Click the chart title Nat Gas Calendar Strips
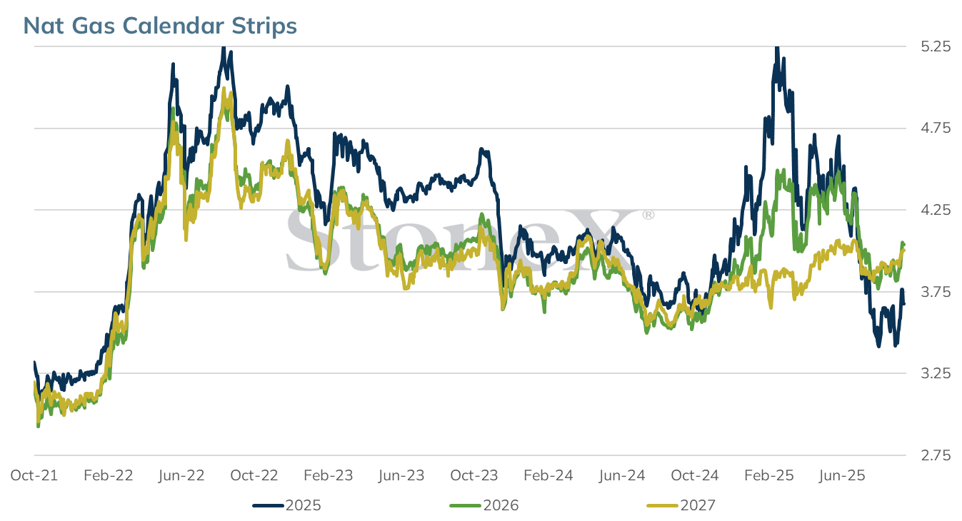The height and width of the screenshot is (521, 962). pyautogui.click(x=160, y=26)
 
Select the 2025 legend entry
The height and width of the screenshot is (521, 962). pyautogui.click(x=287, y=505)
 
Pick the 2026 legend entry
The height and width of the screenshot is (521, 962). pyautogui.click(x=484, y=505)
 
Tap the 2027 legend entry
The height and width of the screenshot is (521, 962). pyautogui.click(x=681, y=505)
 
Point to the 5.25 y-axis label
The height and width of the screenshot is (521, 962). pyautogui.click(x=936, y=46)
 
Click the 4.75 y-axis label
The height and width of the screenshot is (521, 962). pyautogui.click(x=936, y=128)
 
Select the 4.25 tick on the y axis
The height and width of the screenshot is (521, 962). pyautogui.click(x=936, y=210)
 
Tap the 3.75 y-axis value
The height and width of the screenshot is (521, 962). pyautogui.click(x=936, y=292)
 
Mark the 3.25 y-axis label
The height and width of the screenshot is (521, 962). pyautogui.click(x=936, y=373)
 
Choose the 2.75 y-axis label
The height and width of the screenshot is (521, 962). pyautogui.click(x=936, y=455)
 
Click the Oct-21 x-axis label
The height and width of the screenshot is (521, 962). pyautogui.click(x=34, y=475)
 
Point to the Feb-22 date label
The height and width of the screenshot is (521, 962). pyautogui.click(x=109, y=475)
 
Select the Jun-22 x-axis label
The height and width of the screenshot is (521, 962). pyautogui.click(x=181, y=475)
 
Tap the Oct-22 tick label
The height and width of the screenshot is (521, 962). pyautogui.click(x=254, y=475)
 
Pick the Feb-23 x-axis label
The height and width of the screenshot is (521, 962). pyautogui.click(x=329, y=475)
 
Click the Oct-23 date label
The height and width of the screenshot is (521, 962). pyautogui.click(x=474, y=475)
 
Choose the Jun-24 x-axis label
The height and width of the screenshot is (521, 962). pyautogui.click(x=622, y=475)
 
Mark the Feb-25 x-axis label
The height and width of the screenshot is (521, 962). pyautogui.click(x=769, y=475)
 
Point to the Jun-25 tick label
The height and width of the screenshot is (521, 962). pyautogui.click(x=842, y=475)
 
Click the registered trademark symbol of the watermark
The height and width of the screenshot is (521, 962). pyautogui.click(x=648, y=215)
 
